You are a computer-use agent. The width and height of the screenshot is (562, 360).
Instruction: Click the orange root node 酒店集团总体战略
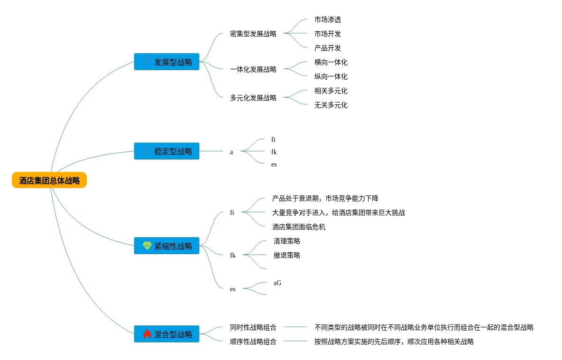point(49,180)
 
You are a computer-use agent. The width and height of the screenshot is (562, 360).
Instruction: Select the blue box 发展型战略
point(166,62)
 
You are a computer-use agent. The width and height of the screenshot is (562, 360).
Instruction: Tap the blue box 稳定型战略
point(166,151)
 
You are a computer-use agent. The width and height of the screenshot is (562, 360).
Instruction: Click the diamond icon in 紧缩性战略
point(147,246)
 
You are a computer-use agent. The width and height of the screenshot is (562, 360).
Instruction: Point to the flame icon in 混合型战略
point(147,334)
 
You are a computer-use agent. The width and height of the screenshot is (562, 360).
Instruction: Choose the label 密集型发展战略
point(253,34)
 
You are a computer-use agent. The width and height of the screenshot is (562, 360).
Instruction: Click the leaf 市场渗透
point(328,19)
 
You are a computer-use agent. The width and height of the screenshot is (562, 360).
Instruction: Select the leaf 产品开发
point(328,48)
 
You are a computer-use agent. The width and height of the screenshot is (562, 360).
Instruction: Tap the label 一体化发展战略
point(253,69)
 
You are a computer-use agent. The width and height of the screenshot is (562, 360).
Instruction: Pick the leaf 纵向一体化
point(331,76)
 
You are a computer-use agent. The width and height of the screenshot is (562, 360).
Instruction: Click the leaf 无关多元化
point(331,105)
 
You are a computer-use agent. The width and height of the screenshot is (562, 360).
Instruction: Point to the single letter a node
point(231,152)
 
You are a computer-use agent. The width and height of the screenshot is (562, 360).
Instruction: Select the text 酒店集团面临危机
point(299,227)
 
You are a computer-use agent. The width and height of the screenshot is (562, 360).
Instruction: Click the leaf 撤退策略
point(287,255)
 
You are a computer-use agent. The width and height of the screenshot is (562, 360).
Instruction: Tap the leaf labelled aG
point(277,283)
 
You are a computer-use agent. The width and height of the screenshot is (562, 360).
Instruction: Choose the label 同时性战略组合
point(253,327)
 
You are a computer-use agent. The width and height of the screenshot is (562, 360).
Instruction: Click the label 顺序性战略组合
point(253,342)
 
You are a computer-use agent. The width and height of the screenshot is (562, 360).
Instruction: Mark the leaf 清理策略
point(287,241)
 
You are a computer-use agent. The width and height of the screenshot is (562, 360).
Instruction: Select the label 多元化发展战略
point(253,98)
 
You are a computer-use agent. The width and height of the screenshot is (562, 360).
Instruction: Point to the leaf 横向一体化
point(331,62)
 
